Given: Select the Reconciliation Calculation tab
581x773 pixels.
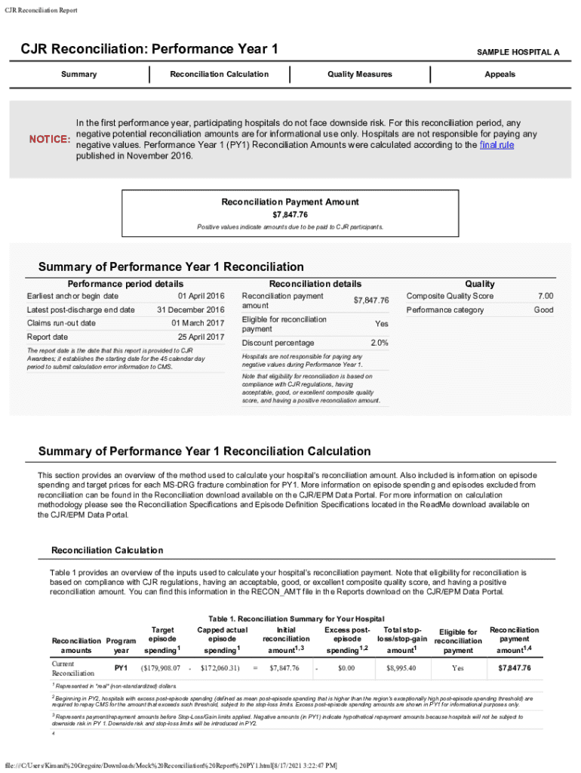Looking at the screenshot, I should [x=219, y=74].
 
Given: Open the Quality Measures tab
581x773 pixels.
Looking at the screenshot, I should [x=359, y=74].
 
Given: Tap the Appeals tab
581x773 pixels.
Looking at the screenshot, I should [x=500, y=74].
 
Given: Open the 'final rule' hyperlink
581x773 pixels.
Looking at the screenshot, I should [x=496, y=145].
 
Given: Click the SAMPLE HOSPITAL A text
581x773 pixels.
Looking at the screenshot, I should [x=518, y=52].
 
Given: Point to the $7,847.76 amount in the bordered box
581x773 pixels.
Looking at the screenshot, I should [x=290, y=214].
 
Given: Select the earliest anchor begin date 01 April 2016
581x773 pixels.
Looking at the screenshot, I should [x=201, y=296].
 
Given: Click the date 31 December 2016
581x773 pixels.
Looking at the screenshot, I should [x=190, y=310].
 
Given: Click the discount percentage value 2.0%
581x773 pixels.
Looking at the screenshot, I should [x=379, y=343].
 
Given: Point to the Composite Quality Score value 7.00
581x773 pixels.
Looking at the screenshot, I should [x=545, y=296].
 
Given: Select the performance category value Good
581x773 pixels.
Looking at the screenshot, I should [x=543, y=310].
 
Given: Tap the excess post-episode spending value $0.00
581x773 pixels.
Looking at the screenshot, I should [x=346, y=668].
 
